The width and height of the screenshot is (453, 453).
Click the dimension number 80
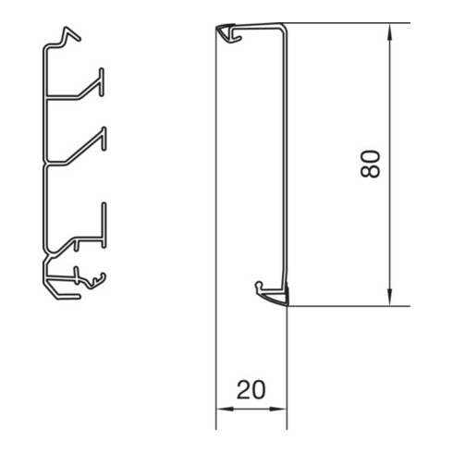tap(370, 165)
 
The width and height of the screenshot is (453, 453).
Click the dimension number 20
tap(251, 390)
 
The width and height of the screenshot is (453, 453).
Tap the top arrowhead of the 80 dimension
tap(390, 32)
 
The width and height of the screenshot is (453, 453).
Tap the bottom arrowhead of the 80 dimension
tap(390, 297)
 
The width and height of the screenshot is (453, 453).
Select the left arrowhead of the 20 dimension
tap(225, 410)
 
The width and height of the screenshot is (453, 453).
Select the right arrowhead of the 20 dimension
tap(278, 410)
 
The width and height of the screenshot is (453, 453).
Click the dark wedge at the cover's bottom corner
tap(286, 294)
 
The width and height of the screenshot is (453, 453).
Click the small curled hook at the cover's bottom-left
tap(260, 286)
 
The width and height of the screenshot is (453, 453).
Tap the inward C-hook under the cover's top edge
tap(237, 35)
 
